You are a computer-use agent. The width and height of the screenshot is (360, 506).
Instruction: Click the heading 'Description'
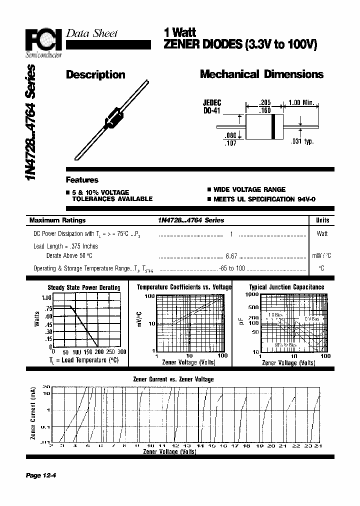95,75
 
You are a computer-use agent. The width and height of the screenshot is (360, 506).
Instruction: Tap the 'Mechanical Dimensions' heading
261,74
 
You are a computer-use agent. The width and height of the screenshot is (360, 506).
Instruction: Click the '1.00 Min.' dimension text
301,102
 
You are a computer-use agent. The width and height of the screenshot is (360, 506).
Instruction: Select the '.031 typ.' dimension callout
302,141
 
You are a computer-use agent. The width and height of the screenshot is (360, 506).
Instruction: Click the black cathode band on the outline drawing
273,126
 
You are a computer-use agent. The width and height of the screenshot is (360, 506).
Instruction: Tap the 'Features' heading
82,180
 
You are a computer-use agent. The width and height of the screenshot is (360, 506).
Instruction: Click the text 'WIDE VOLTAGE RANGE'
249,189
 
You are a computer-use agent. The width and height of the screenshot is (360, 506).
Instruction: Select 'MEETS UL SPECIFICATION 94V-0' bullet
254,199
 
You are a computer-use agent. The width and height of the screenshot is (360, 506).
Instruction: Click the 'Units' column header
322,220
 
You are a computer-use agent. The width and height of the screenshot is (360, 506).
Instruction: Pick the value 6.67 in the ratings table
231,255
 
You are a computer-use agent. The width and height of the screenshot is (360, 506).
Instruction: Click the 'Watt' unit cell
322,233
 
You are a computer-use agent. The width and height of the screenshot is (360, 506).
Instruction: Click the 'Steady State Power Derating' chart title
83,287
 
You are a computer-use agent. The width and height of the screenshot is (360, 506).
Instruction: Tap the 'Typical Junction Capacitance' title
286,287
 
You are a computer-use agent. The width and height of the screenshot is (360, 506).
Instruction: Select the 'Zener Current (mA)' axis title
33,413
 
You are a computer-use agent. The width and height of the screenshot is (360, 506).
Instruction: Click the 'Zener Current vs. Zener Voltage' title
173,379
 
